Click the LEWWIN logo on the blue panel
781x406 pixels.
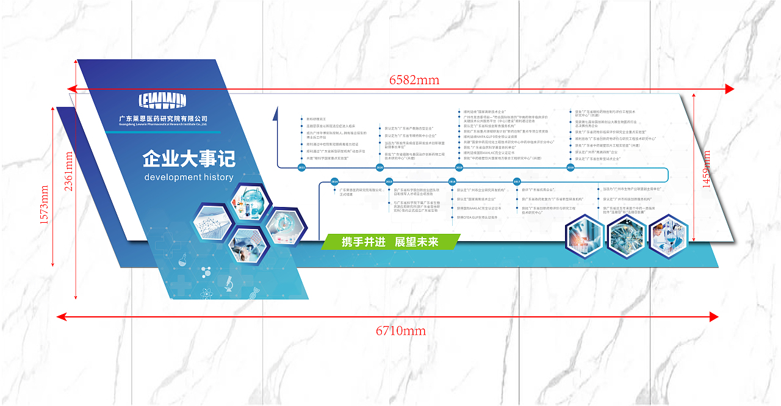pyautogui.click(x=162, y=101)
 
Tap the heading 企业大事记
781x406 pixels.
pyautogui.click(x=189, y=160)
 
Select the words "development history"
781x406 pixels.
pyautogui.click(x=189, y=178)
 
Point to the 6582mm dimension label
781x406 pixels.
pyautogui.click(x=414, y=80)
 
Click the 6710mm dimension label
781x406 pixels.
pyautogui.click(x=400, y=331)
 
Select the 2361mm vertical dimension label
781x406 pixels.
pyautogui.click(x=68, y=172)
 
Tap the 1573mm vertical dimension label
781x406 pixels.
pyautogui.click(x=44, y=205)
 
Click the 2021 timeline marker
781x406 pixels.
pyautogui.click(x=301, y=167)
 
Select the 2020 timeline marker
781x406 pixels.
pyautogui.click(x=380, y=167)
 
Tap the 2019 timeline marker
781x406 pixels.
pyautogui.click(x=459, y=167)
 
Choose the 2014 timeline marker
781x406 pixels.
pyautogui.click(x=334, y=181)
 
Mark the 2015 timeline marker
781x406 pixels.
pyautogui.click(x=389, y=181)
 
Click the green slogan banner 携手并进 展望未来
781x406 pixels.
pyautogui.click(x=390, y=242)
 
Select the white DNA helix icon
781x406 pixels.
pyautogui.click(x=253, y=292)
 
